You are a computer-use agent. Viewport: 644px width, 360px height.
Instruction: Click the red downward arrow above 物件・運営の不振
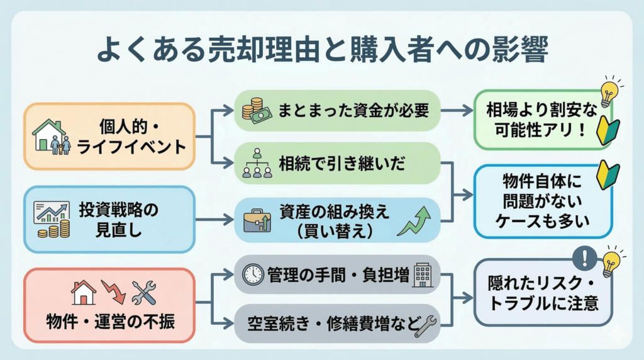tap(114, 291)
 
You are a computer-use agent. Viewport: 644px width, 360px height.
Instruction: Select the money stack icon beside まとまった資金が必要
tap(256, 110)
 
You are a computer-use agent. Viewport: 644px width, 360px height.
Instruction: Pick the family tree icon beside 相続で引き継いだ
tap(257, 163)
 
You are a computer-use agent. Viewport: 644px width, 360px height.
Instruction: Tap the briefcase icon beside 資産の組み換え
tap(257, 220)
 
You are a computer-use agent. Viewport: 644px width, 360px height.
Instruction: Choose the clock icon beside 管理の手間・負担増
tap(253, 274)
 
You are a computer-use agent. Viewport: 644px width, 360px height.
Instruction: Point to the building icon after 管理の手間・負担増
tap(423, 274)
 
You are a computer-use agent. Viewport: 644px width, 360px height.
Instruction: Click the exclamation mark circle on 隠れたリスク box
tap(584, 257)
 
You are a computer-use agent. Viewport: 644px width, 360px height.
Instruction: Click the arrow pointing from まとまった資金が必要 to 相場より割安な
tap(458, 110)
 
